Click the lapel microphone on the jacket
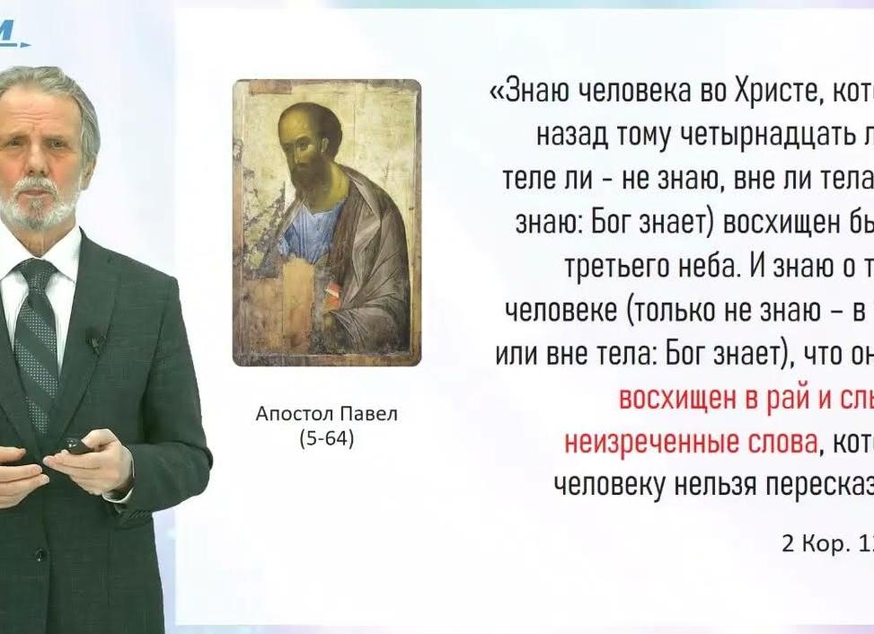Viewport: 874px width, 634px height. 94,339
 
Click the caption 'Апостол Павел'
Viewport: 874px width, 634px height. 326,414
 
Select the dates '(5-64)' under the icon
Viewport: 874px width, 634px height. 326,439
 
